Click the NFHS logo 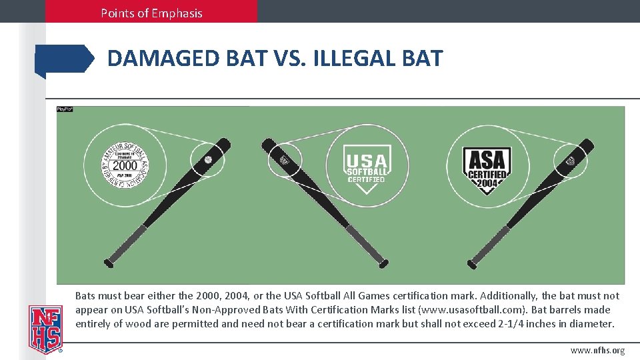[x=45, y=329]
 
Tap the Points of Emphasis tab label [x=151, y=13]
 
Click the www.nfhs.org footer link [x=597, y=351]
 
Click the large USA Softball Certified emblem [x=365, y=167]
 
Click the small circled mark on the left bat [x=207, y=161]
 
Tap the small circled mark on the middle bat [x=285, y=160]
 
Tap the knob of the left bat [x=109, y=263]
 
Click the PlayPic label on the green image [x=65, y=109]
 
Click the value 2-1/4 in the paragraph [x=512, y=324]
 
